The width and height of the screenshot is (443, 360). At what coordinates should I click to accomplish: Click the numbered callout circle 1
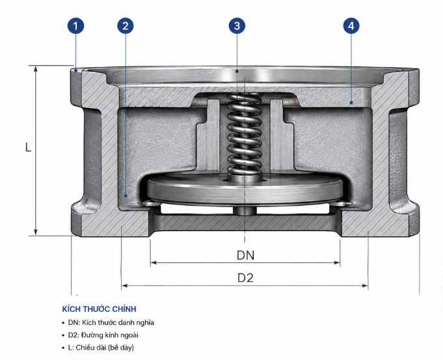(75, 26)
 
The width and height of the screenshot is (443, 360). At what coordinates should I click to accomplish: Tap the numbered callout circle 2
(126, 26)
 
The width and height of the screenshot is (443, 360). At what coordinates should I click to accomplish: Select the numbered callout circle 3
(237, 26)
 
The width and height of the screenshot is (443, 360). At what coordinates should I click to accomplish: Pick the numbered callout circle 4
(351, 26)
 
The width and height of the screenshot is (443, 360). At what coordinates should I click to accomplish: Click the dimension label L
(28, 147)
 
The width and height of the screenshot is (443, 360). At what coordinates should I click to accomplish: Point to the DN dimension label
(245, 255)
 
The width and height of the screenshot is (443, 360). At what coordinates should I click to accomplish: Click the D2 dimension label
(245, 278)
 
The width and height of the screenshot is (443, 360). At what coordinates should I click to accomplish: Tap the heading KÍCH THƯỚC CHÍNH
(99, 309)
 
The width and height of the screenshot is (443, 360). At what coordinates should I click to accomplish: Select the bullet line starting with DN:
(108, 322)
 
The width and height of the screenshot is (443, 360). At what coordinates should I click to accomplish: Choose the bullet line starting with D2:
(100, 335)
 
